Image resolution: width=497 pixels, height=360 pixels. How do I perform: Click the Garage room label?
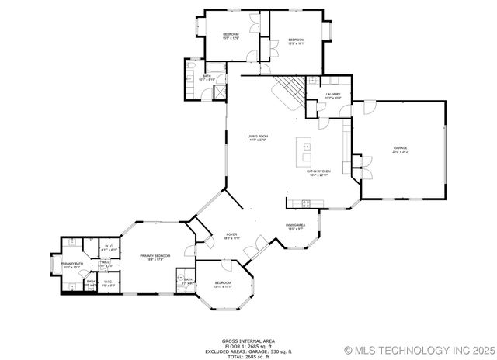pos(400,149)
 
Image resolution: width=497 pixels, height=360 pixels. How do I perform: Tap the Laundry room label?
pos(332,95)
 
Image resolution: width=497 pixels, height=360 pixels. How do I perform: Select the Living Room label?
pos(257,138)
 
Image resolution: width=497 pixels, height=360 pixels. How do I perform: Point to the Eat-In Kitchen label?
pos(318,172)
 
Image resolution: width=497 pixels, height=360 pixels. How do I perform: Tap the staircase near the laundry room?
pos(289,92)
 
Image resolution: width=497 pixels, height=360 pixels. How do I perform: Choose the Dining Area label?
pos(296,227)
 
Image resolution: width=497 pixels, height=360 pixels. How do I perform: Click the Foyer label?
pos(231,235)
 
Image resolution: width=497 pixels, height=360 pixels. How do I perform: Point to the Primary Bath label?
pos(73,265)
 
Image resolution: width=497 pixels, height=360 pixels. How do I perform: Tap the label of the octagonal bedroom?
pos(223,284)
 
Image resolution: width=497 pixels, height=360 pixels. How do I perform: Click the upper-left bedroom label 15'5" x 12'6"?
pos(231,36)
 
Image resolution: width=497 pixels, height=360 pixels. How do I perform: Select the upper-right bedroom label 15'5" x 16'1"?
pos(296,41)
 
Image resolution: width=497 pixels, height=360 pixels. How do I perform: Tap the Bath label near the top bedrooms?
pos(207,78)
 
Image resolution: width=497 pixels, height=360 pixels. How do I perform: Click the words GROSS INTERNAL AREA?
pos(249,339)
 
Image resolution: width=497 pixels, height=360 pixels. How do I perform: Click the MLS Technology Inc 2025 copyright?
pos(417,349)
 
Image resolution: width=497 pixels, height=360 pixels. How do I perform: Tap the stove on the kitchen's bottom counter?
pos(306,203)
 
